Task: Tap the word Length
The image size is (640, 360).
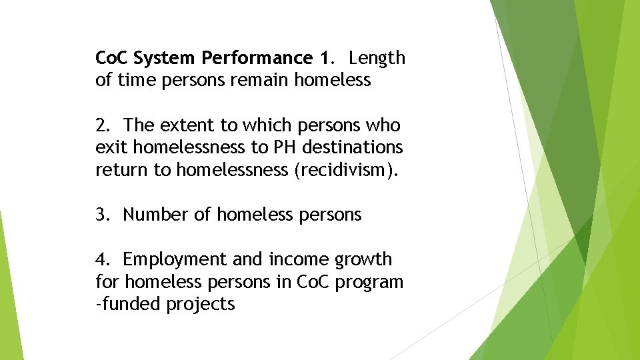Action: [377, 59]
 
